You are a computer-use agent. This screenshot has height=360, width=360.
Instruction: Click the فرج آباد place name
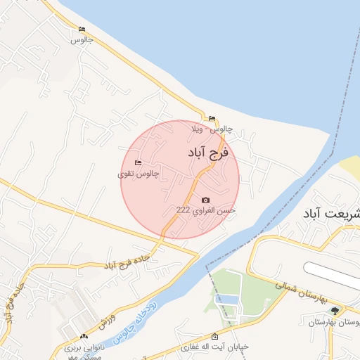pos(209,152)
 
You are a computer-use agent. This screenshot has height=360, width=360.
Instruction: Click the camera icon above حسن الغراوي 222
pos(205,200)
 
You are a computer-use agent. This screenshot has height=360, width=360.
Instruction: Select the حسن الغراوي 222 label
pos(205,210)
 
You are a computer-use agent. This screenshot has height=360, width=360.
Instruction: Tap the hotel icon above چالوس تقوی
pos(138,163)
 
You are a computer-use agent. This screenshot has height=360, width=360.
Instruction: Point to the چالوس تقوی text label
pos(139,173)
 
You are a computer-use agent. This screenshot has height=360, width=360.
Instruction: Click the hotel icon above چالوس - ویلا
pos(212,118)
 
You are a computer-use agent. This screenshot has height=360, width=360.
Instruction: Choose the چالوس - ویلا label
pos(212,129)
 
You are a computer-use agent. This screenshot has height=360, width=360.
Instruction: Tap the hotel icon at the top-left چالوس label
pos(82,30)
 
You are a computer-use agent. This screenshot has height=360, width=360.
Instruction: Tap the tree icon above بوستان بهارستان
pos(335,310)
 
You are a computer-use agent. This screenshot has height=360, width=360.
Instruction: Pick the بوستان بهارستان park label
pos(335,321)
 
